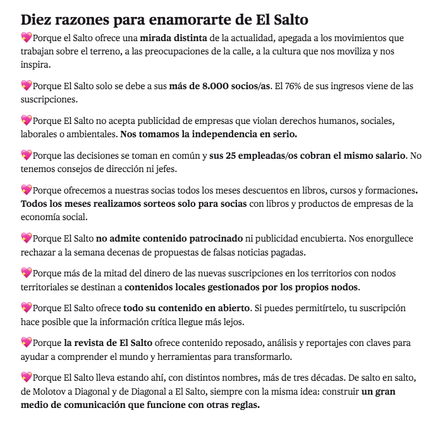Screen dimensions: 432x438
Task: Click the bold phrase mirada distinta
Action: (x=174, y=39)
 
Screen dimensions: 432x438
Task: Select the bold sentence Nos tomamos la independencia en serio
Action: (x=209, y=134)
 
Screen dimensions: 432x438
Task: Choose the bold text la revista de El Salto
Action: (x=108, y=342)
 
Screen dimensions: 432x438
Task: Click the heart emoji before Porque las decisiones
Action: (x=26, y=155)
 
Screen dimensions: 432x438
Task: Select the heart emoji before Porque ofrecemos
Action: (x=26, y=189)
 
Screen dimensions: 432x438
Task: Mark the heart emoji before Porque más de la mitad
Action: (x=26, y=273)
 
